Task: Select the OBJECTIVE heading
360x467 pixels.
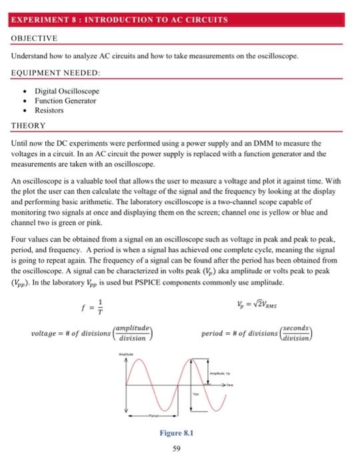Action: (34, 38)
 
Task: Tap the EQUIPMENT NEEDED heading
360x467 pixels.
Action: (55, 71)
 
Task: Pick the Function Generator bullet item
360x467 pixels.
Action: (65, 101)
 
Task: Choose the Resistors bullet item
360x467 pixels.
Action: (49, 110)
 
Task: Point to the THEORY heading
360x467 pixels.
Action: (28, 125)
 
